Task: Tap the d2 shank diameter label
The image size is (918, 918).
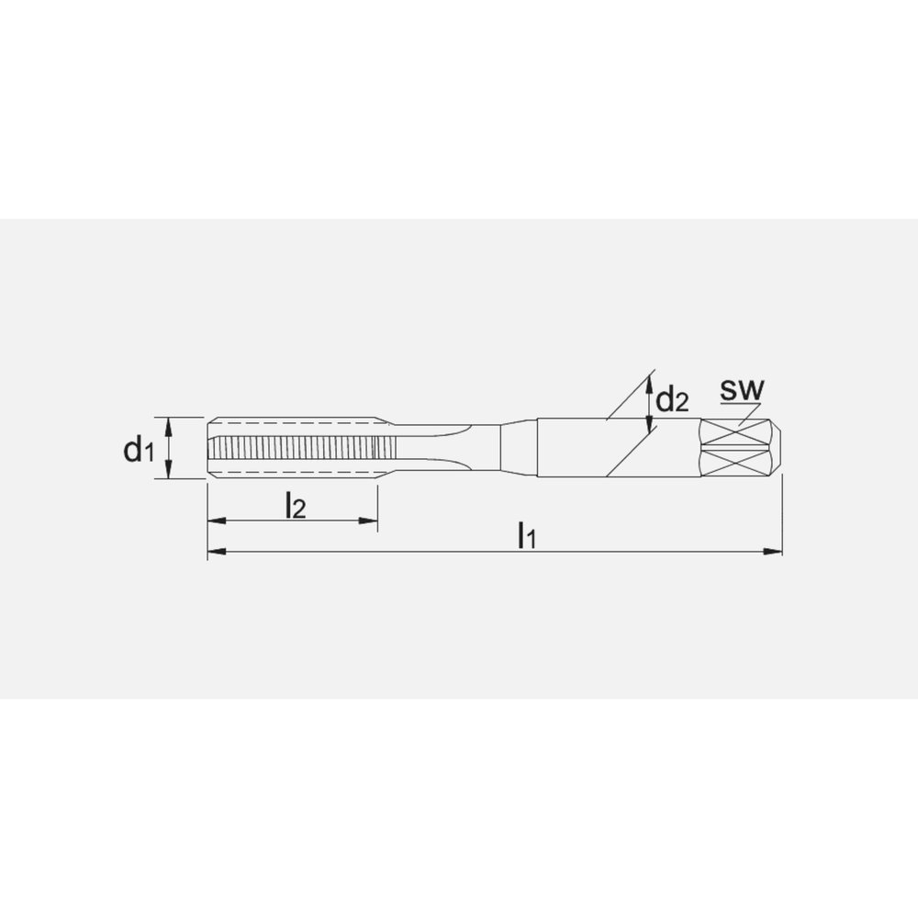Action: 671,400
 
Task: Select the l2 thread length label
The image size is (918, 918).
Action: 295,505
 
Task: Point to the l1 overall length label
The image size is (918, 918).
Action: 525,534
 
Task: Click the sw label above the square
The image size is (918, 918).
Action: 740,390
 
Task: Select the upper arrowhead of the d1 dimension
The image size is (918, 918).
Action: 169,424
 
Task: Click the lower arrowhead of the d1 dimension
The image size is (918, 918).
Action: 169,471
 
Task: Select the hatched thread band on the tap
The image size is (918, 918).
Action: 303,448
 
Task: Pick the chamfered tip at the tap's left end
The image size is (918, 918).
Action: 211,447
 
